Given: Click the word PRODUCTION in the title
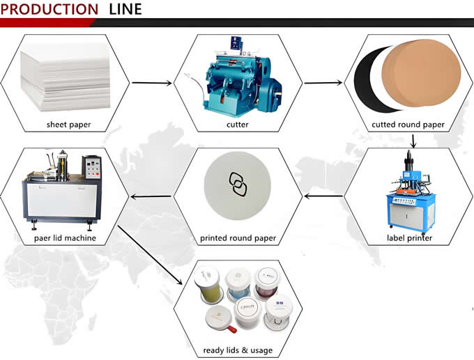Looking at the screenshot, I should tap(50, 9).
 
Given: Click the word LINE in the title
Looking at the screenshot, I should tap(125, 9).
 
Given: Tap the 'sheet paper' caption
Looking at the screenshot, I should tap(68, 125).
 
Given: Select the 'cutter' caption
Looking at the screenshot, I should tap(237, 125).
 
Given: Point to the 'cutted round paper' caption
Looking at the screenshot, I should tap(408, 125).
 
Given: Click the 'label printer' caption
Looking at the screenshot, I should tap(409, 238).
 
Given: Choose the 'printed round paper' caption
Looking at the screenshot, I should tap(238, 238).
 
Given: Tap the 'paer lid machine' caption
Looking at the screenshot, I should tap(66, 238).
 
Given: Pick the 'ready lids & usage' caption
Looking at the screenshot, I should tap(238, 350).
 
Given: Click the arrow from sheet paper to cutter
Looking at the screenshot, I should tap(151, 84).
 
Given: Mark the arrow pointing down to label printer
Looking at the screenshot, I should tap(413, 141).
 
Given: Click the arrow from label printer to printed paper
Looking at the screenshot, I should tap(323, 196).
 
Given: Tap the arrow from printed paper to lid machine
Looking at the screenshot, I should tap(151, 196).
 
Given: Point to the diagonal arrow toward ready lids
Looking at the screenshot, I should tap(153, 254).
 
